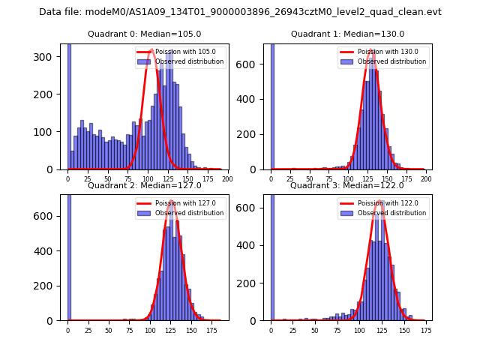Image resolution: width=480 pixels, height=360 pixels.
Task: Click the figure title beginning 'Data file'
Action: [240, 12]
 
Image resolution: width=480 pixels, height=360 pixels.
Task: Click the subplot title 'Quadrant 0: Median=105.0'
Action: [144, 34]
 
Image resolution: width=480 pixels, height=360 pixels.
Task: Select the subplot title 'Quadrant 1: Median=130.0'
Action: [347, 34]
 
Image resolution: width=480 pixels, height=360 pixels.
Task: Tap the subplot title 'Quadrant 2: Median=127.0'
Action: [144, 185]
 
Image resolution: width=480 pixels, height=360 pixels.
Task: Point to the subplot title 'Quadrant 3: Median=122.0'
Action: [347, 185]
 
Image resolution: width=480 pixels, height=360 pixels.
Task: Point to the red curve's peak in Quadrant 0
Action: [151, 50]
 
